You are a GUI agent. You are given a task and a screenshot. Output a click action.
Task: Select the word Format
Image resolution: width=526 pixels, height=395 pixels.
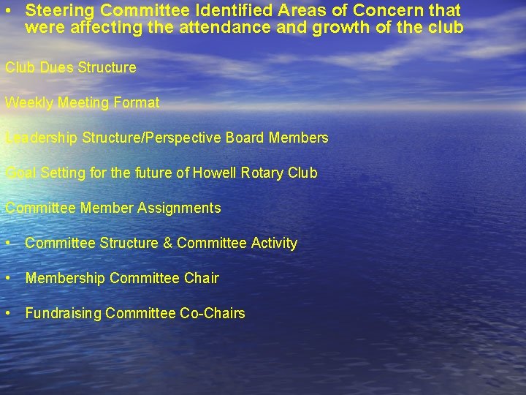pyautogui.click(x=137, y=102)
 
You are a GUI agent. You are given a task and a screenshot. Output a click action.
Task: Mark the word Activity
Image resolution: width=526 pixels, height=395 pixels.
pyautogui.click(x=274, y=243)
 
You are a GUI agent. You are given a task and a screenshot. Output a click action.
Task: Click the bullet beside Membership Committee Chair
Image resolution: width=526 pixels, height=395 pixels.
pyautogui.click(x=7, y=278)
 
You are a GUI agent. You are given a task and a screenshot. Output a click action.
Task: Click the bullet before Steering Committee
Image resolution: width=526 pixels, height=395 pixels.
pyautogui.click(x=7, y=11)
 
